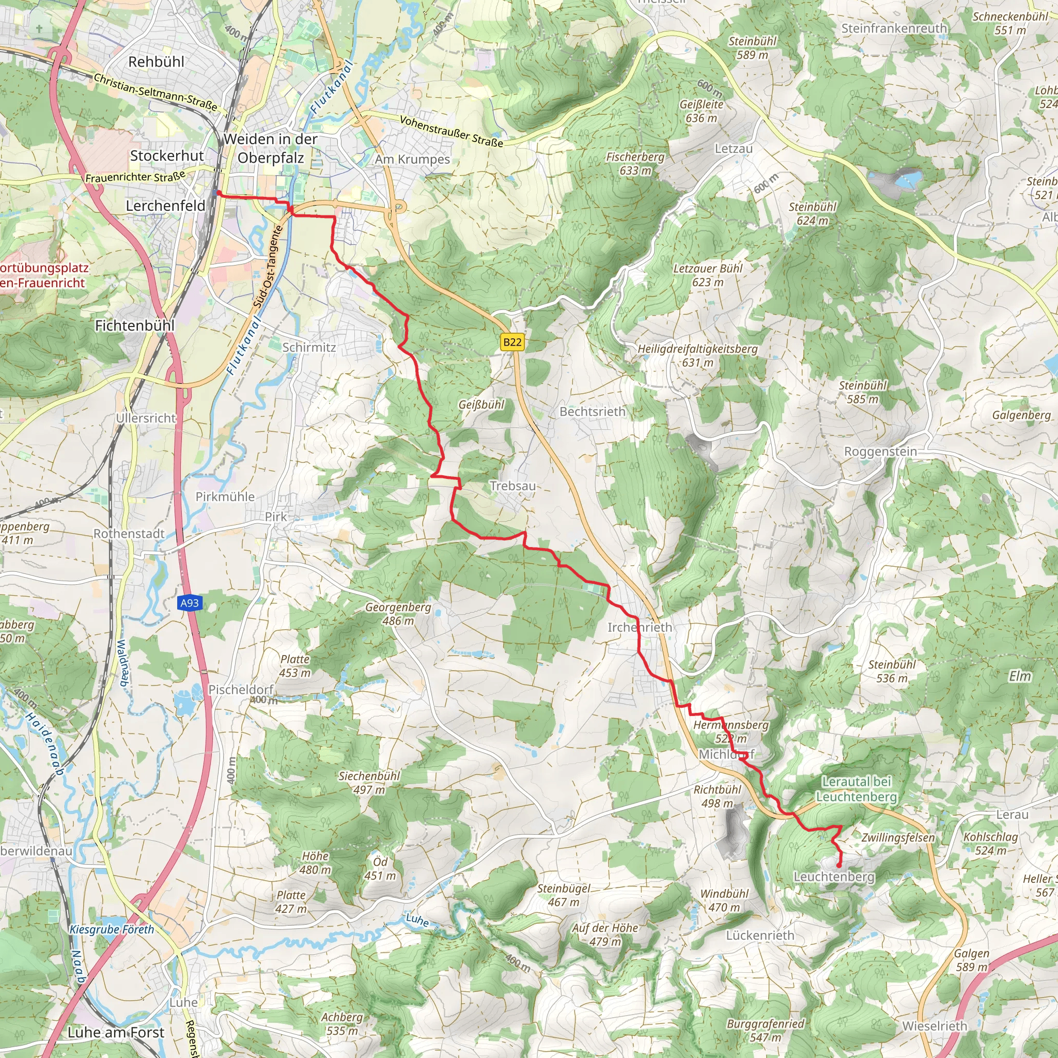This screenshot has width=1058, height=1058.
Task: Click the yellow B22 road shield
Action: click(512, 343)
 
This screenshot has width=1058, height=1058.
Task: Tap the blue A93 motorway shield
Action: click(190, 603)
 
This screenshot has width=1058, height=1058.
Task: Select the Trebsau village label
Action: click(512, 486)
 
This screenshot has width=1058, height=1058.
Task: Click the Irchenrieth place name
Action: click(640, 627)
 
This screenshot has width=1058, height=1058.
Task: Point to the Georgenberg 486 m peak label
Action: click(398, 613)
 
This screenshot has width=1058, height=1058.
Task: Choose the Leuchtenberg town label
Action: click(834, 877)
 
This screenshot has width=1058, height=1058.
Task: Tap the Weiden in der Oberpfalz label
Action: click(271, 148)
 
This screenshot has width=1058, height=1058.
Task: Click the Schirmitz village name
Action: click(309, 347)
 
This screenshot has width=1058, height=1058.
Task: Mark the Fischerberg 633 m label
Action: click(635, 163)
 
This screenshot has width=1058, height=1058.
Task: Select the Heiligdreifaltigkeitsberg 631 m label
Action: click(697, 355)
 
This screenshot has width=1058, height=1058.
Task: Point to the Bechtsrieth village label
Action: click(592, 411)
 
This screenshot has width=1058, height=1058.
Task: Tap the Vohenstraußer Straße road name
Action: click(451, 131)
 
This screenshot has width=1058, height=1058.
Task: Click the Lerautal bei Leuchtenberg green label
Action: click(857, 789)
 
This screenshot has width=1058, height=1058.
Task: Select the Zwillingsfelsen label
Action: click(898, 837)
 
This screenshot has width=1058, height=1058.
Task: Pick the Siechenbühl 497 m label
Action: click(369, 783)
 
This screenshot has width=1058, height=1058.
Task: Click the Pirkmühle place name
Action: click(225, 496)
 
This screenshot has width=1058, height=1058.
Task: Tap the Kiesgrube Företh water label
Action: click(112, 929)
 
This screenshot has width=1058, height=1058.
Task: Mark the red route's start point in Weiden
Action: click(218, 193)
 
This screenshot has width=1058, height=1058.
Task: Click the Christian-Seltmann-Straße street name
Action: click(155, 92)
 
